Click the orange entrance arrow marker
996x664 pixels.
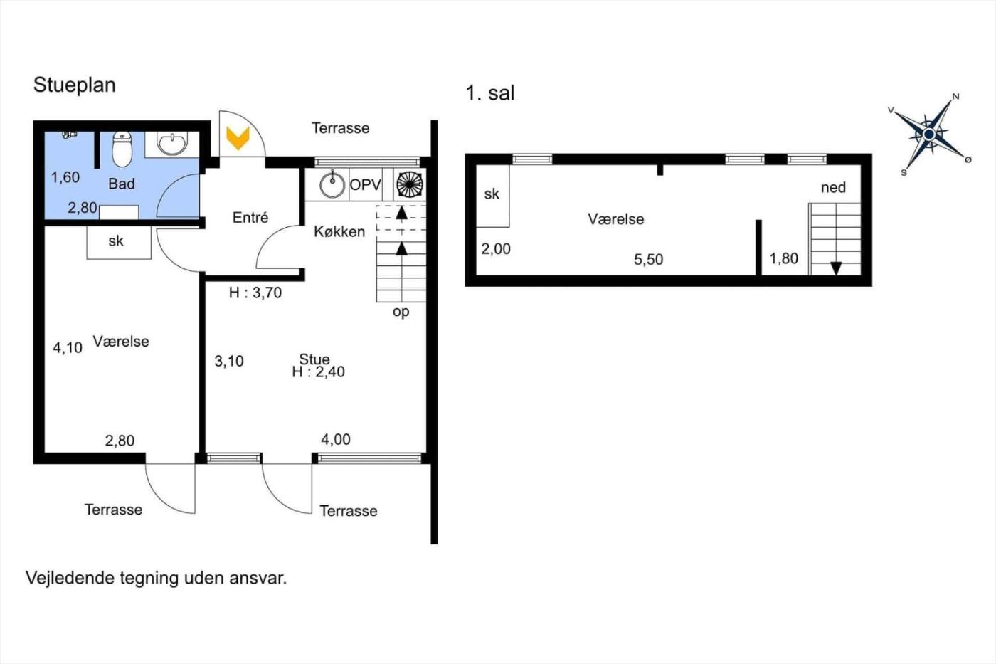click(238, 138)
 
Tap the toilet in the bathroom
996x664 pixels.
click(122, 149)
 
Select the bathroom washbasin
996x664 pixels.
click(172, 143)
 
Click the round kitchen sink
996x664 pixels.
click(332, 184)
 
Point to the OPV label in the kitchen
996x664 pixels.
click(366, 185)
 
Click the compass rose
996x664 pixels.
click(929, 135)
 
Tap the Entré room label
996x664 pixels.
click(250, 218)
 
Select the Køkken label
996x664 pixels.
click(339, 231)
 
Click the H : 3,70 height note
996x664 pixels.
click(255, 293)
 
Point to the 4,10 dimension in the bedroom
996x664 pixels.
click(68, 347)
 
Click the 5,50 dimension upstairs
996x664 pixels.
click(648, 259)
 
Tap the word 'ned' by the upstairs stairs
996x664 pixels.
click(833, 188)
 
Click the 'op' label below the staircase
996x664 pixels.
click(401, 312)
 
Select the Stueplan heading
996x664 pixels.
click(74, 85)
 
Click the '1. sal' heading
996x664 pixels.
click(490, 93)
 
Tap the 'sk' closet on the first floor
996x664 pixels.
click(492, 196)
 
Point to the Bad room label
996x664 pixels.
click(122, 184)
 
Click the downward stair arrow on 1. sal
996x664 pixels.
click(836, 268)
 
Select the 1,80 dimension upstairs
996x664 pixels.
click(784, 258)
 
